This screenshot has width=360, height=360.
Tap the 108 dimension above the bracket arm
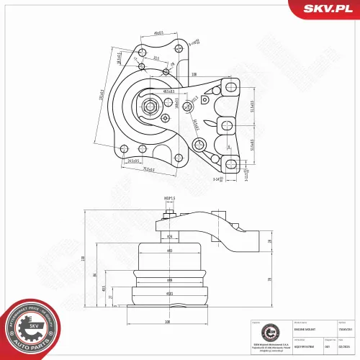(195, 74)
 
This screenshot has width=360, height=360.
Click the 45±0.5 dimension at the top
(159, 32)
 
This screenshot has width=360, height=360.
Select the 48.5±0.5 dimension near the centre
(170, 92)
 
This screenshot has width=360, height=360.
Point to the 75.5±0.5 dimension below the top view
(150, 169)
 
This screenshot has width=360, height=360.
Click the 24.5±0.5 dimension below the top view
(134, 161)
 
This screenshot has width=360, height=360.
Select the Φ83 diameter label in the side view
(169, 251)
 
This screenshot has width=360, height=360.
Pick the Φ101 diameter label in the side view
(169, 294)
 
